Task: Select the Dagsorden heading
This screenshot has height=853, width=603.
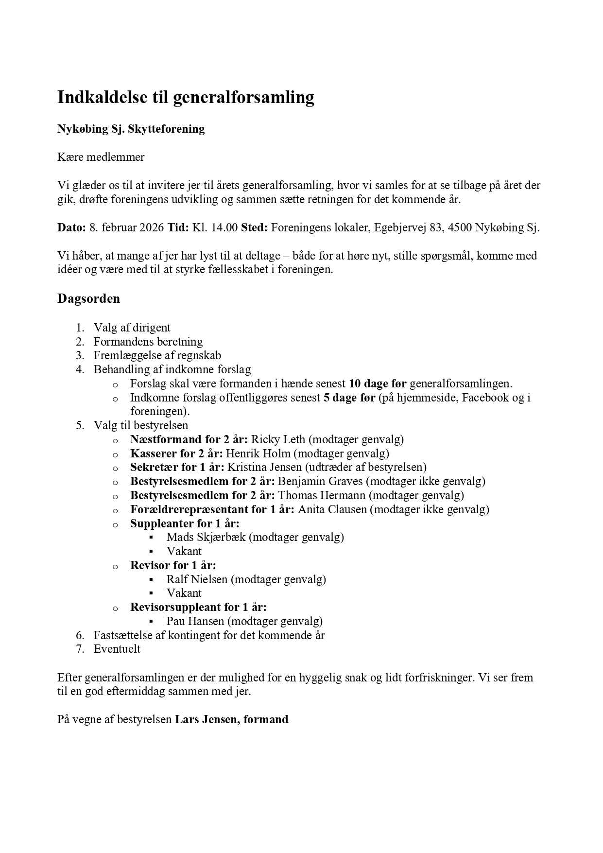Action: (88, 298)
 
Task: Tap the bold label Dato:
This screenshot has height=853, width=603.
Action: (71, 227)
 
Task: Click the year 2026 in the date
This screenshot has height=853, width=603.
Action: (151, 227)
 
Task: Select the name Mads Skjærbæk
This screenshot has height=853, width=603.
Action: (206, 538)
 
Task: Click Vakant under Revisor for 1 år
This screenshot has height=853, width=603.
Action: (184, 593)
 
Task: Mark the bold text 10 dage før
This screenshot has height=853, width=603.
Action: (378, 384)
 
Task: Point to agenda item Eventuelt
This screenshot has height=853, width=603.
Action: (117, 649)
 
